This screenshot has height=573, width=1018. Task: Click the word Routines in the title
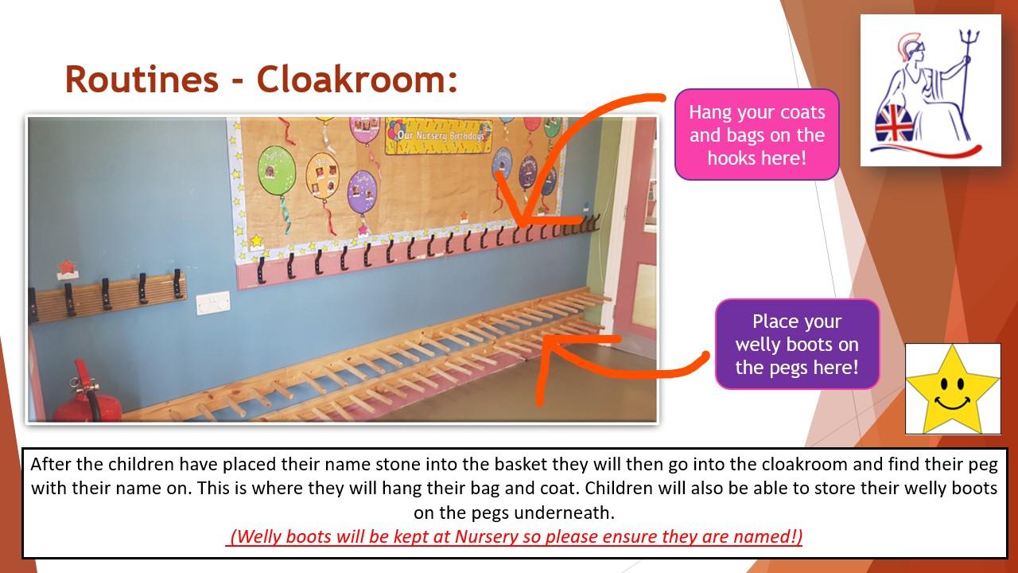tap(142, 79)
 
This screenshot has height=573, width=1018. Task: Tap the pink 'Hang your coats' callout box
tap(756, 134)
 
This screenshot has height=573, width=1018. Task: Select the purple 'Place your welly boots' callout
tap(797, 345)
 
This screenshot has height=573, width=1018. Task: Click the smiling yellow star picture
tap(953, 389)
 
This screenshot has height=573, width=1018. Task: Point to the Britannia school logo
tap(931, 90)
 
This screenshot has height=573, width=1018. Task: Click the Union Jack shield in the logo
tap(894, 123)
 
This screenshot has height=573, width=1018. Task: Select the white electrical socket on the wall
tap(213, 303)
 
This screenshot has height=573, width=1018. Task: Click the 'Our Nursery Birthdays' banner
tap(438, 135)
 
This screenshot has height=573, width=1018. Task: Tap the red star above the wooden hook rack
tap(66, 267)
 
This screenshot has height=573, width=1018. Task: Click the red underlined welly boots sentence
tap(514, 536)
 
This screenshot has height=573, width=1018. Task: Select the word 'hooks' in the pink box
tap(731, 158)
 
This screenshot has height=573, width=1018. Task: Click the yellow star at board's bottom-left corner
tap(257, 240)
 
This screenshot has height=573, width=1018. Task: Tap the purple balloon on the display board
tap(362, 193)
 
